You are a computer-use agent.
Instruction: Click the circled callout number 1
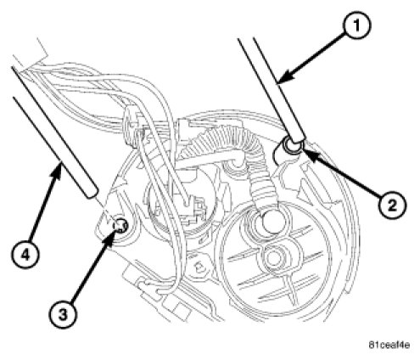point(356,25)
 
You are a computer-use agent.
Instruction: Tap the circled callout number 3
point(63,314)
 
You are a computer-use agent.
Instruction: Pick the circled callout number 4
point(25,255)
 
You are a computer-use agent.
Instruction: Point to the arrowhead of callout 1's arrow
point(280,81)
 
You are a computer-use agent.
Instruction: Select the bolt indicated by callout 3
point(120,226)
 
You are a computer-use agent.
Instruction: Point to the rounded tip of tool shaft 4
point(91,195)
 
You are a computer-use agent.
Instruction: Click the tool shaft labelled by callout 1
point(272,89)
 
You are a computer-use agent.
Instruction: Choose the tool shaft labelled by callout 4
point(53,132)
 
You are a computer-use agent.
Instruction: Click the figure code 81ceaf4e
point(389,345)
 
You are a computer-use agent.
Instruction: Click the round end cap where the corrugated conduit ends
point(272,222)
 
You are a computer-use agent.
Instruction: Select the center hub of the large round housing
point(273,256)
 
